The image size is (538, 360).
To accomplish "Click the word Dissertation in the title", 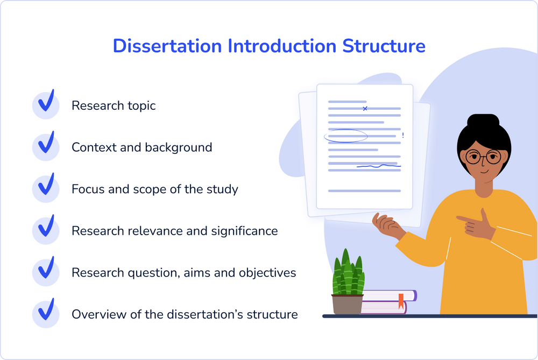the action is [x=167, y=46].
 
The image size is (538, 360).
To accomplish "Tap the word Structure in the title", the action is [x=384, y=46].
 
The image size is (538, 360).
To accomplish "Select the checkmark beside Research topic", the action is [x=46, y=101].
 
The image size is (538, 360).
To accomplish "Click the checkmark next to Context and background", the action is [x=46, y=143].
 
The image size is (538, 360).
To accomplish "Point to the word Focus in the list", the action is [x=88, y=189].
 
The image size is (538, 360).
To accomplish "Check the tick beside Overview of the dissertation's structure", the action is [x=46, y=309].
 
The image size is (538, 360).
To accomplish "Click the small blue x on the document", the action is [x=365, y=109].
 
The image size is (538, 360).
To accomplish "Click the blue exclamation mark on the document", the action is [x=403, y=135].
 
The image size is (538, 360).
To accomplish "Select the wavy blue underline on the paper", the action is [x=379, y=166].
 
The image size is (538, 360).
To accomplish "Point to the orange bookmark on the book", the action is [x=401, y=301].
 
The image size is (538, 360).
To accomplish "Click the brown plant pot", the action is [x=347, y=304].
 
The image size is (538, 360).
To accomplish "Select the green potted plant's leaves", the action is [x=348, y=273].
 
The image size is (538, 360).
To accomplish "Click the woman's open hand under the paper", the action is [x=388, y=225].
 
